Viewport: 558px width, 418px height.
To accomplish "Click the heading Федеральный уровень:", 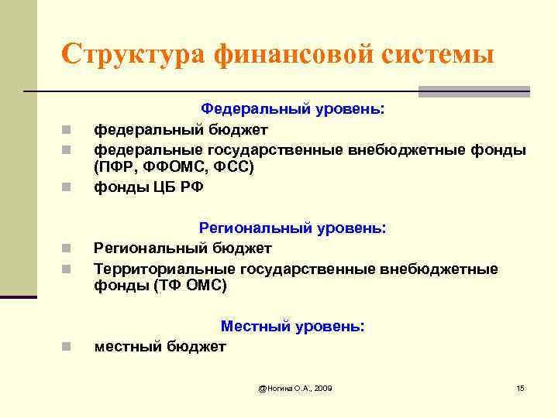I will click(x=292, y=110).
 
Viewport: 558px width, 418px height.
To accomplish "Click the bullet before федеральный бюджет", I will click(x=67, y=130).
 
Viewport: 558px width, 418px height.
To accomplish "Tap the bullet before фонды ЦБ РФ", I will click(x=67, y=187).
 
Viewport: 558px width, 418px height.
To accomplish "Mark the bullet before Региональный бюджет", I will click(x=67, y=248).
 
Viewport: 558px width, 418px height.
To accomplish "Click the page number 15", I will click(x=520, y=387).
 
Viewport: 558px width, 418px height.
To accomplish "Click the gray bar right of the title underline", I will click(x=474, y=91).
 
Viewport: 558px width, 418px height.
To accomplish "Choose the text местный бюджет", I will click(x=160, y=346).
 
